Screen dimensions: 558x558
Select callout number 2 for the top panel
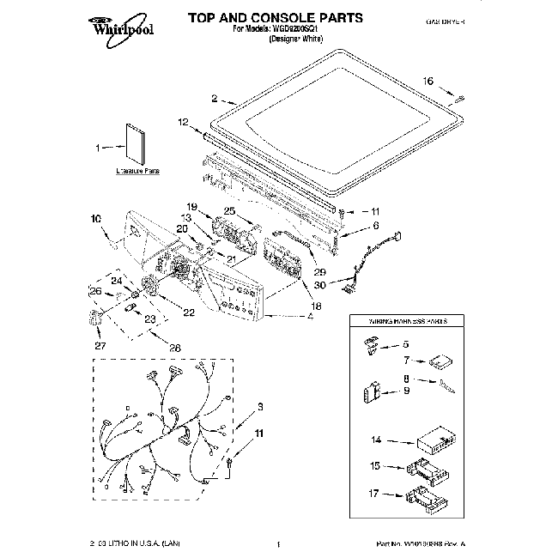215,98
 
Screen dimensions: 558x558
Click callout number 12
182,124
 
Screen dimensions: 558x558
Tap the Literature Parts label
138,171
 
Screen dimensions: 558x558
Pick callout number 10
95,219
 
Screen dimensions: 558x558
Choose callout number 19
192,207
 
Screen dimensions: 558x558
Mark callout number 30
319,285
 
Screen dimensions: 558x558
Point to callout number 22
189,312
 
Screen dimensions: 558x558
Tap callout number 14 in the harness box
375,441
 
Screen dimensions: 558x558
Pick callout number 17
375,494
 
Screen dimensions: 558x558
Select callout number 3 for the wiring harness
258,405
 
